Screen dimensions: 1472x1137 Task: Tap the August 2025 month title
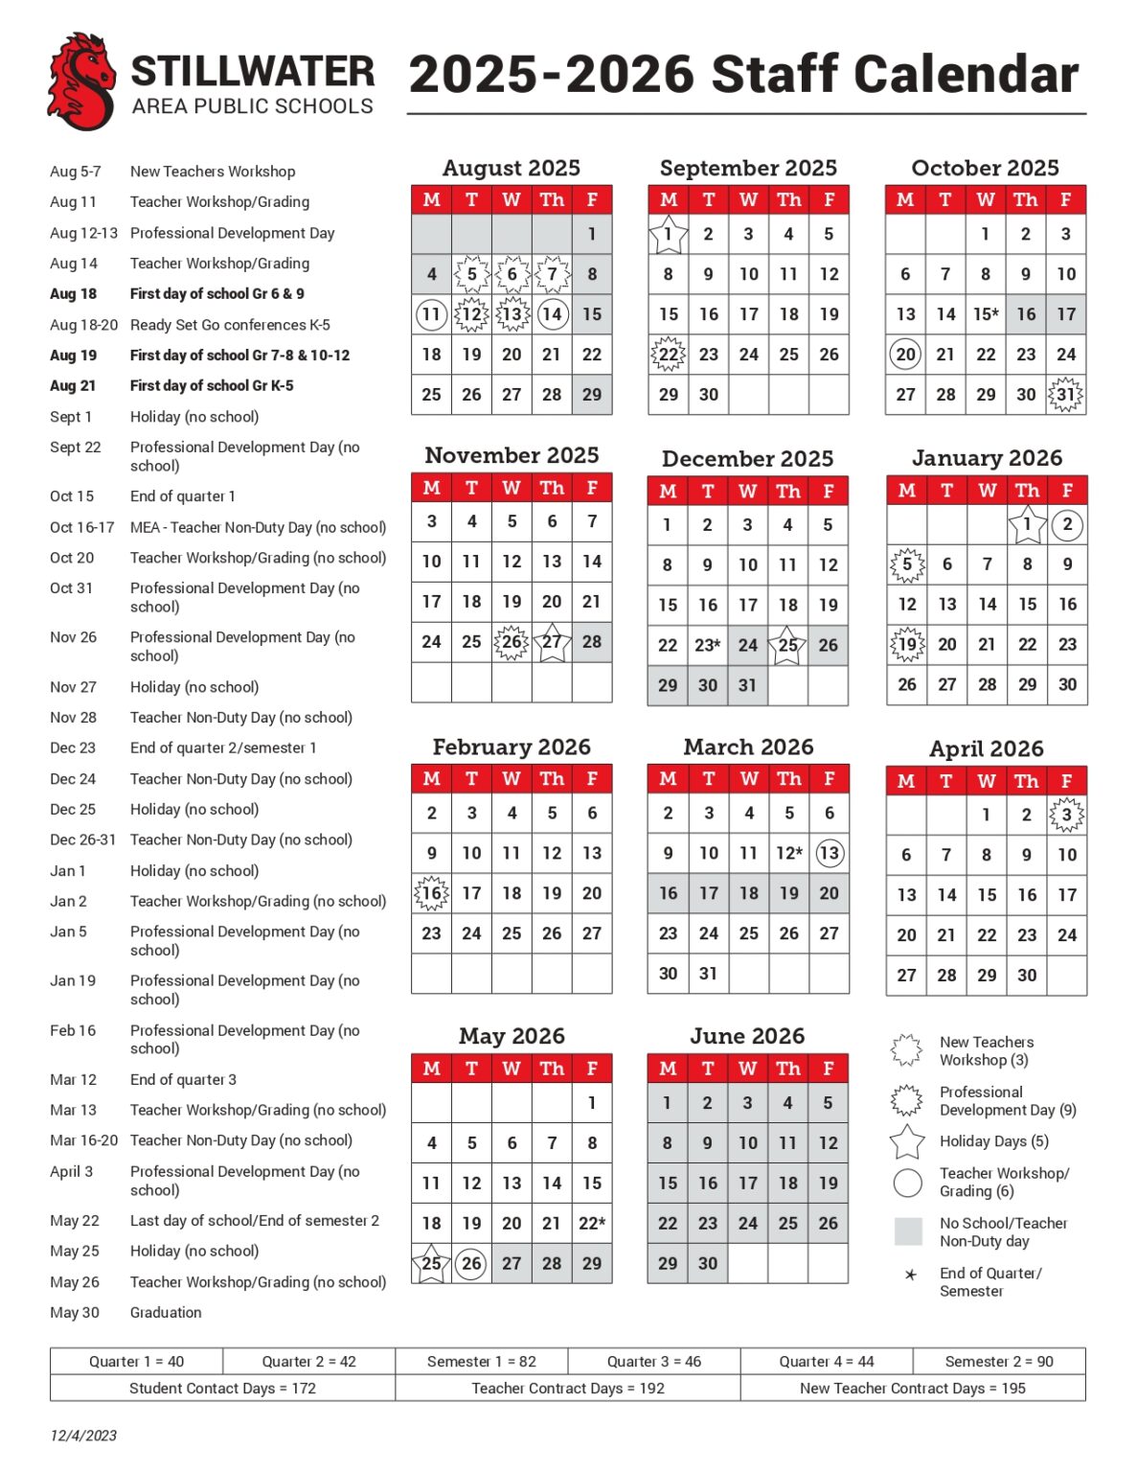(511, 169)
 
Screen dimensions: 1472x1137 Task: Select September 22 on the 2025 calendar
(668, 355)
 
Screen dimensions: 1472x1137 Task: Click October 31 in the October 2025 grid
(1065, 395)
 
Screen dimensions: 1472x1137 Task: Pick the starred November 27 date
(552, 642)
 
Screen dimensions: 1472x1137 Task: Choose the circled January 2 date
(1067, 524)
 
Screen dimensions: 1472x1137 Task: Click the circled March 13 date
(829, 853)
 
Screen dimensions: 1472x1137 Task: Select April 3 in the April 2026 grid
(1066, 816)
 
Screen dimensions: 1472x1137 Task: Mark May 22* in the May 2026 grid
(592, 1224)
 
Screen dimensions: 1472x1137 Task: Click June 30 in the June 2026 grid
(707, 1264)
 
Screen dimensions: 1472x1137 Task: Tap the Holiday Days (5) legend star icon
(907, 1141)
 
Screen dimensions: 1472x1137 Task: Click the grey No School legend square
(907, 1231)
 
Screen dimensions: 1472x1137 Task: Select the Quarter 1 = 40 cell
(136, 1362)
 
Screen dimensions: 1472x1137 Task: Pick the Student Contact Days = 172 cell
(222, 1389)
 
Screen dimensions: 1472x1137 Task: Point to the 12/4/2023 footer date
(83, 1436)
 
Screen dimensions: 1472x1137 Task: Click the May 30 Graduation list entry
(125, 1313)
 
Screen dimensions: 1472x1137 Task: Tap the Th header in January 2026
(1027, 491)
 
